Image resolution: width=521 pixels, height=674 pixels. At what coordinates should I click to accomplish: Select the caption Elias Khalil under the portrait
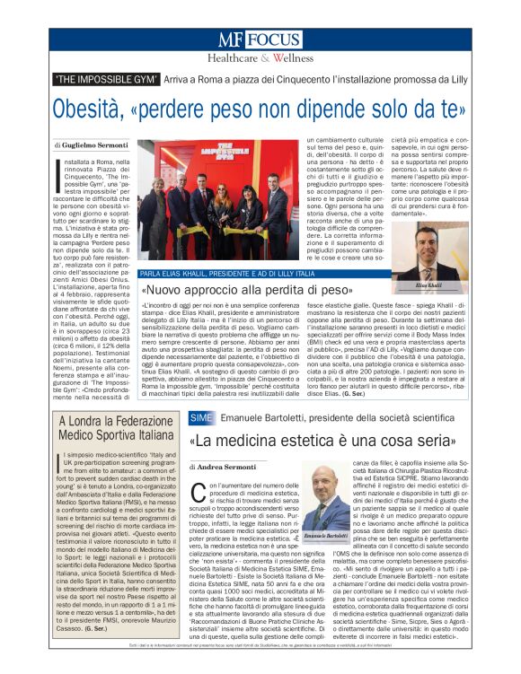(x=432, y=284)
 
